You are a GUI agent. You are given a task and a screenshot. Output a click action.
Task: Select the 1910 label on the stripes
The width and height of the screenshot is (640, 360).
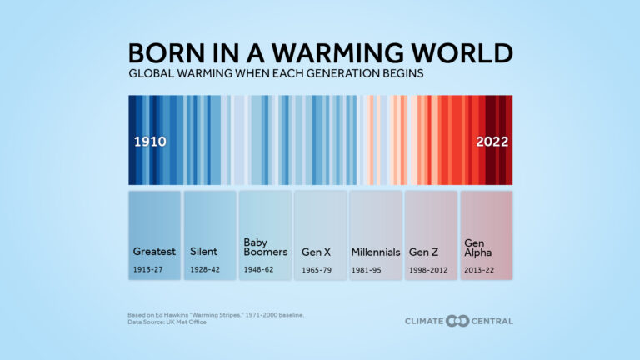(x=150, y=142)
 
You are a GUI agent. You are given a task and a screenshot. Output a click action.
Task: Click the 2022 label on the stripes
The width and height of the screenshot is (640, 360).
(x=492, y=142)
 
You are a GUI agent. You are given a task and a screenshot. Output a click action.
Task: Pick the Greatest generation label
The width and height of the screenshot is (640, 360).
(x=154, y=252)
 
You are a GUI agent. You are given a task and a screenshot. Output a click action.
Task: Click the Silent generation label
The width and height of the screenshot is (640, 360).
(x=204, y=252)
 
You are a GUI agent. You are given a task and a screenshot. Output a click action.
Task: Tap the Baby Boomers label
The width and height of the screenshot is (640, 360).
(x=265, y=247)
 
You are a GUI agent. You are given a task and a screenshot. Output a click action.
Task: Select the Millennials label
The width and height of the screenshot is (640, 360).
(x=376, y=252)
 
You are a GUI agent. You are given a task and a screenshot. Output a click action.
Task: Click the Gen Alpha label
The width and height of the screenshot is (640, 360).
(x=476, y=247)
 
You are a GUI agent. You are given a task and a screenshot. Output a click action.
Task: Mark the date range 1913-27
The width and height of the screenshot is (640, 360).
(x=148, y=269)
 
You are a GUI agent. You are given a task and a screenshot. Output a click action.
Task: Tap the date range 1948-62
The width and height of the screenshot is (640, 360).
(x=258, y=269)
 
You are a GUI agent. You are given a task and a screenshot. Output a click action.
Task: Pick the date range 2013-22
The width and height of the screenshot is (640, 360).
(x=479, y=269)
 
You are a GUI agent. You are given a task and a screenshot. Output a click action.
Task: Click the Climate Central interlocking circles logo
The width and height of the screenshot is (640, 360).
(x=457, y=321)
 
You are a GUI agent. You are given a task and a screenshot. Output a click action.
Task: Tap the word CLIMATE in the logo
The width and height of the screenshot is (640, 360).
(x=425, y=321)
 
